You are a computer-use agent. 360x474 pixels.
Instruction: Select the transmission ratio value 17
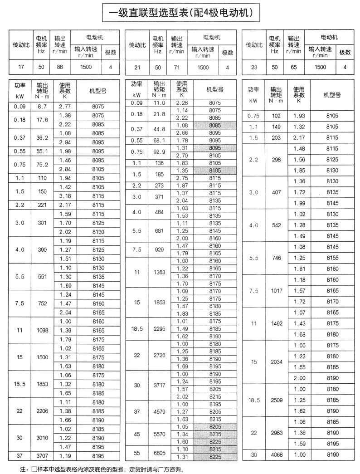19,68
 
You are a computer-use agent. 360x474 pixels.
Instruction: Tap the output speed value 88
61,68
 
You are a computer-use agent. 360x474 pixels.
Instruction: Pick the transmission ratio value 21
136,68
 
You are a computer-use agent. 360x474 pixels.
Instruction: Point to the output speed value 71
177,68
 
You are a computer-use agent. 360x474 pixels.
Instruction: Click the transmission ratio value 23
254,68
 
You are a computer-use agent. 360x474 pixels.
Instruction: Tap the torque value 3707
42,455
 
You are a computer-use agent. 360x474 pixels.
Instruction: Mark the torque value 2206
42,411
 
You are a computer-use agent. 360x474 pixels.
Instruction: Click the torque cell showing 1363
159,272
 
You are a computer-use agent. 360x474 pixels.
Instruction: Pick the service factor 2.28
182,103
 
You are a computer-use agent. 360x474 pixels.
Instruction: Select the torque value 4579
159,412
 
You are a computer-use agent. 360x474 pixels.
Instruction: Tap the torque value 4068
277,455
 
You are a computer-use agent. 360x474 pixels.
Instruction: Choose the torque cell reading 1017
277,291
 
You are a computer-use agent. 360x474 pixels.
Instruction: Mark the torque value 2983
277,433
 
